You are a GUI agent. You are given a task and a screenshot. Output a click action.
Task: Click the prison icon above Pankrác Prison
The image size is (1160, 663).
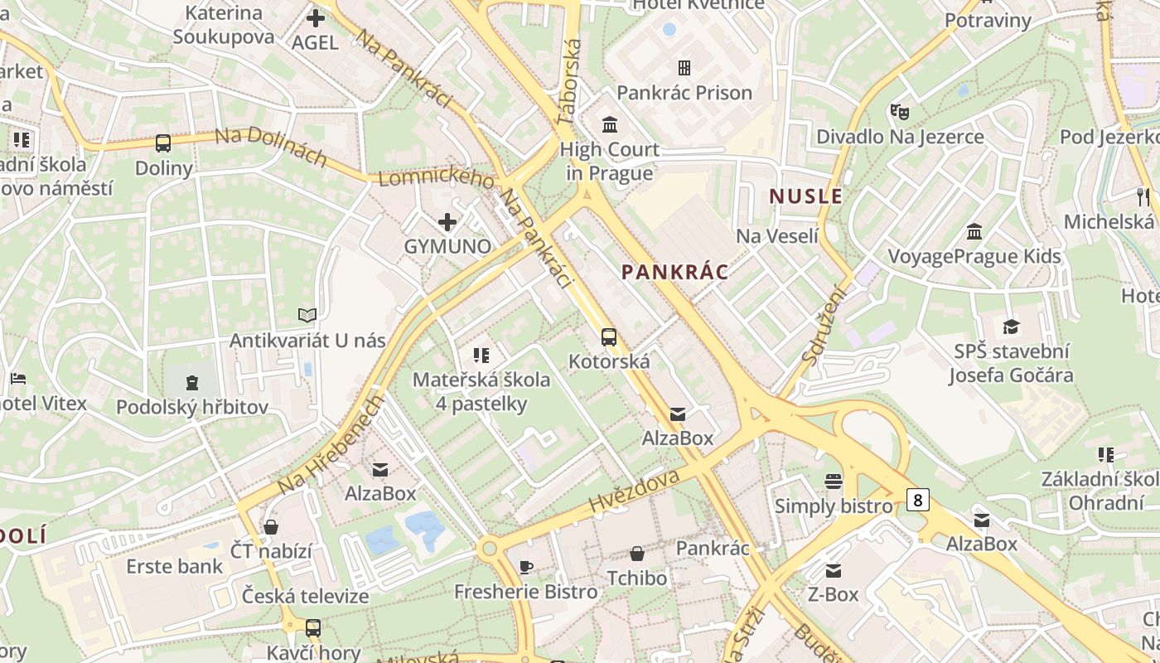point(684,67)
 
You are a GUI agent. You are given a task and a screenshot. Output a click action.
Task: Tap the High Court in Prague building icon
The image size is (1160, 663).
point(610,124)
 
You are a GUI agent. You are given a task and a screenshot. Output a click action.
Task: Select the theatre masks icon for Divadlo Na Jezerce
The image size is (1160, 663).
point(899,111)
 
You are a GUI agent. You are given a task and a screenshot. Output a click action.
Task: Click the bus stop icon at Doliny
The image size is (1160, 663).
point(163,143)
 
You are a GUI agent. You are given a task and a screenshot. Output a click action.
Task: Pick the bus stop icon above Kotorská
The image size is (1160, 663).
point(609,336)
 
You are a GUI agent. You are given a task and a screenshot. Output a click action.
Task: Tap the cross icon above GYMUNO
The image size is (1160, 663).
point(447,221)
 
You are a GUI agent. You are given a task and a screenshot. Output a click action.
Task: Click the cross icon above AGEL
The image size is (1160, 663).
point(315,17)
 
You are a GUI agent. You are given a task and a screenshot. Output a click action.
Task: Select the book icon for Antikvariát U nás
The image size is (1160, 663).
point(307,315)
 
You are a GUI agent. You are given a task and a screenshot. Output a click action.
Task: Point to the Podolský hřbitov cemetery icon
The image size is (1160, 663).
point(192,382)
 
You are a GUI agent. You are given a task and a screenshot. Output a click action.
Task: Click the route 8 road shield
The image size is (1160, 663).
point(917,500)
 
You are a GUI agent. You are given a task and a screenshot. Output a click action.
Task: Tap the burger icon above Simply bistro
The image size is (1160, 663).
point(834,481)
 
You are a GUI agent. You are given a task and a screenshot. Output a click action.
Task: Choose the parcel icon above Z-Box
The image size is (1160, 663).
point(834,570)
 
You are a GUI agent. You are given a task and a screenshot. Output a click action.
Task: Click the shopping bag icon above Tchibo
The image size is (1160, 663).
point(637,553)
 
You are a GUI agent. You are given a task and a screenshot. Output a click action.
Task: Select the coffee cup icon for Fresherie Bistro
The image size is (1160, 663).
point(525,567)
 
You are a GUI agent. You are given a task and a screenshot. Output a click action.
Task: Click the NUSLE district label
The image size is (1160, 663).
point(805,196)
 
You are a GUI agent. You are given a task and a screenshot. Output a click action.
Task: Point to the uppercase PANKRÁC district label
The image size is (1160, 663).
point(674,272)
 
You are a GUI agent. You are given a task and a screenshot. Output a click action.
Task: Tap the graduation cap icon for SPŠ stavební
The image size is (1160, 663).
point(1011,326)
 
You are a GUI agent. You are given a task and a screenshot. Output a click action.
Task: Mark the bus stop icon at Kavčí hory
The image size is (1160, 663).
point(313,627)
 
